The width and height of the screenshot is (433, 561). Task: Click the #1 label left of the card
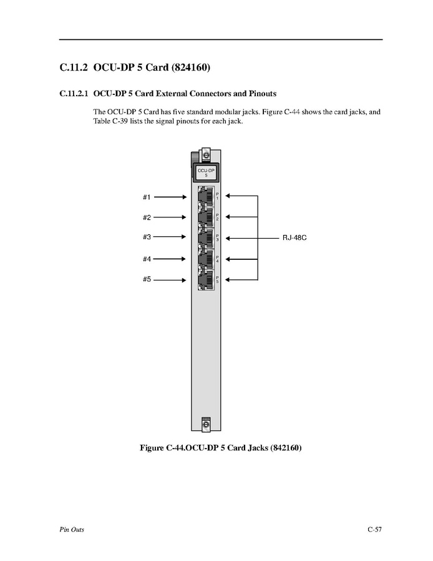tap(147, 197)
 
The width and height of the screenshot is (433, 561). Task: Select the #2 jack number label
tap(147, 217)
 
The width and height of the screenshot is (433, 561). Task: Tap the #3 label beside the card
tap(147, 237)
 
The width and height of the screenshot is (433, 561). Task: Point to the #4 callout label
tap(147, 259)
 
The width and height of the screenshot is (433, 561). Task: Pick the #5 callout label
tap(147, 279)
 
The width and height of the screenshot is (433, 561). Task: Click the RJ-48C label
tap(293, 238)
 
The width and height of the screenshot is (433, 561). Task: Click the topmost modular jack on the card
tap(205, 197)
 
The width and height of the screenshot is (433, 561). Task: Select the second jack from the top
tap(205, 217)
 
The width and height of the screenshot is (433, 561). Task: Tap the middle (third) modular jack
tap(205, 237)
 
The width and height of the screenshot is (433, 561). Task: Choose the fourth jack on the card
tap(205, 259)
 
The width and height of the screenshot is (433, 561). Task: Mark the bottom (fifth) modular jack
tap(205, 279)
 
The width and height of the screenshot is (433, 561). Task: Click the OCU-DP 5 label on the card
tap(202, 172)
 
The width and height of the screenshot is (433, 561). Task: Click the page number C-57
tap(374, 530)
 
